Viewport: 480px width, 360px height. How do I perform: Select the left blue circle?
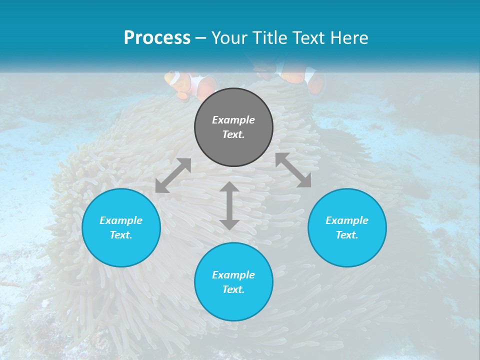[x=121, y=245]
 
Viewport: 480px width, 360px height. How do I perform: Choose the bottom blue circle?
[x=233, y=305]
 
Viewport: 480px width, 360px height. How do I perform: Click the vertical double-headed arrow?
[x=229, y=206]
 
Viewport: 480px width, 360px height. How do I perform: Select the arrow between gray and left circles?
[x=173, y=175]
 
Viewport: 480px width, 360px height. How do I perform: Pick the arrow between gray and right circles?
[x=293, y=170]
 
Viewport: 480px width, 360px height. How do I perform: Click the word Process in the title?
[x=157, y=38]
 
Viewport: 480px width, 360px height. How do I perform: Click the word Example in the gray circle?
[x=233, y=120]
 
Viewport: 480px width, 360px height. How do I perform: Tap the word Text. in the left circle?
[x=121, y=235]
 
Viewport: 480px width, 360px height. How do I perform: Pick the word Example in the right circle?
[x=347, y=220]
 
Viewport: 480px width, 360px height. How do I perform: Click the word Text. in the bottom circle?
[x=233, y=289]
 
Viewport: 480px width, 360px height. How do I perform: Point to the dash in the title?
[x=201, y=38]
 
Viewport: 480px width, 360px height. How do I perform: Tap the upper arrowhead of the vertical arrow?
[x=229, y=187]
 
